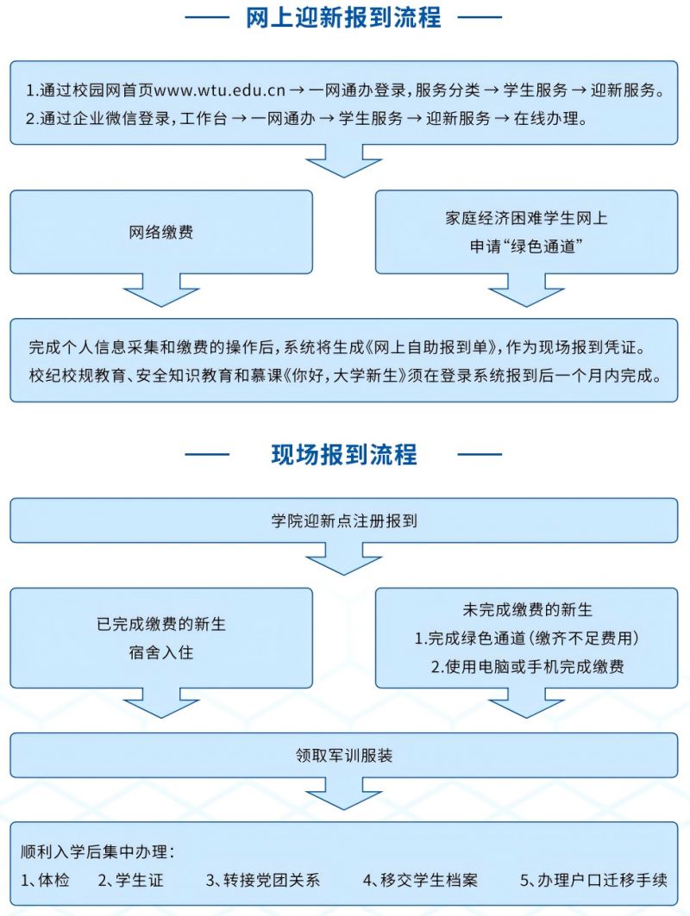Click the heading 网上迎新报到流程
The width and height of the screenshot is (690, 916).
click(x=343, y=17)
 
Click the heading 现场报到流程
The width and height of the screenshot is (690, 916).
click(x=344, y=454)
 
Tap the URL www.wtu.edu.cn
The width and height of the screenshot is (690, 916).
click(x=219, y=90)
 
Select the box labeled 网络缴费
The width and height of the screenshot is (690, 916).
click(x=161, y=232)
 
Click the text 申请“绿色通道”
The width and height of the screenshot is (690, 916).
click(x=526, y=246)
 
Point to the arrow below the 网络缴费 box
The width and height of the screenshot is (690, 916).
click(x=161, y=290)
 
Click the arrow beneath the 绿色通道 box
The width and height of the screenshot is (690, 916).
click(x=526, y=290)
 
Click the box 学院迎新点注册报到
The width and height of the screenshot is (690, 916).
click(x=344, y=520)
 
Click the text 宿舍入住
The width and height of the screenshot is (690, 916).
click(x=161, y=652)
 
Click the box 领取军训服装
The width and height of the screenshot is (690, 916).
click(x=344, y=756)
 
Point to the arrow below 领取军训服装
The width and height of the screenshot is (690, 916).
click(x=344, y=794)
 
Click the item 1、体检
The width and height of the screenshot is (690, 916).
click(x=45, y=880)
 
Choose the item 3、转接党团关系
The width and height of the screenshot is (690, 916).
click(x=263, y=880)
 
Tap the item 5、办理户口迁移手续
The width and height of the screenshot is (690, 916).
click(x=593, y=880)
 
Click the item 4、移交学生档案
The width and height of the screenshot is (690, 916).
click(x=420, y=880)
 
